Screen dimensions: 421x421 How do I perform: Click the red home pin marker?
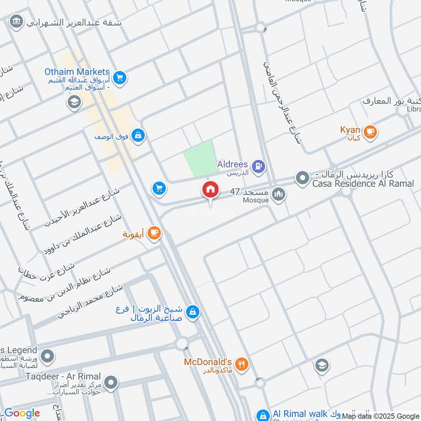pyautogui.click(x=210, y=190)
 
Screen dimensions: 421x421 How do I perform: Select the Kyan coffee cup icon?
pyautogui.click(x=370, y=132)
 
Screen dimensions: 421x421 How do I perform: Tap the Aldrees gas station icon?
pyautogui.click(x=258, y=167)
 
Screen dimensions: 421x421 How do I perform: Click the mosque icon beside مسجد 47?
pyautogui.click(x=279, y=195)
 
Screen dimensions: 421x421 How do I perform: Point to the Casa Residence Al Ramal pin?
pyautogui.click(x=302, y=178)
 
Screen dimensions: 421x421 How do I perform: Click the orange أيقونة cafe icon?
pyautogui.click(x=154, y=232)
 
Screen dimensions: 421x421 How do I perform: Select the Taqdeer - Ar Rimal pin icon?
pyautogui.click(x=111, y=383)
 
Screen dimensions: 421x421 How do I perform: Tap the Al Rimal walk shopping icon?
pyautogui.click(x=263, y=415)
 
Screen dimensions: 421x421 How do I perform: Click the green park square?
pyautogui.click(x=199, y=158)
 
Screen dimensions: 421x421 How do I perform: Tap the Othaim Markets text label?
pyautogui.click(x=77, y=72)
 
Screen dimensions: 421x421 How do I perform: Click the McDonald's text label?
pyautogui.click(x=208, y=362)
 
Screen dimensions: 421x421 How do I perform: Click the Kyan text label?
pyautogui.click(x=350, y=129)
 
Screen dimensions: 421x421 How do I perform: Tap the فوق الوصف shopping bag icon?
pyautogui.click(x=137, y=135)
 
